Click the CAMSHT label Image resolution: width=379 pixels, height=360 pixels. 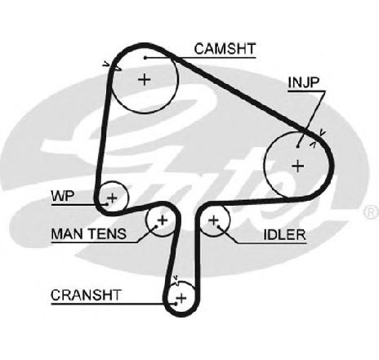[225, 49]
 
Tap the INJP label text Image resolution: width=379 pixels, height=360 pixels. [303, 82]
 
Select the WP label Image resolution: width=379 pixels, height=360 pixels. [63, 196]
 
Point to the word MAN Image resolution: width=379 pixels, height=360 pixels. [67, 233]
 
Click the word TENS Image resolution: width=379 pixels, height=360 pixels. [107, 233]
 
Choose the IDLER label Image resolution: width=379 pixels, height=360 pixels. [284, 234]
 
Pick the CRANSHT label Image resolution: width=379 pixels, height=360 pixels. [86, 295]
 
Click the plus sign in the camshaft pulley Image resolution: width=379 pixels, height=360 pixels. [145, 80]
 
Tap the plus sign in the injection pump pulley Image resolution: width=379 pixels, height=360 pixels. [298, 166]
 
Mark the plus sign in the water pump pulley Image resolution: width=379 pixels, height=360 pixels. [112, 198]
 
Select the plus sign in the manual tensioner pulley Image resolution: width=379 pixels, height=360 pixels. [163, 220]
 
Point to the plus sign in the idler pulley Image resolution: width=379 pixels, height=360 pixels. [213, 220]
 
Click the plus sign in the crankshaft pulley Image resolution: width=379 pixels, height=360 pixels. [181, 298]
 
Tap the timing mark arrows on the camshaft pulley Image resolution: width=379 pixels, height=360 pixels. [112, 67]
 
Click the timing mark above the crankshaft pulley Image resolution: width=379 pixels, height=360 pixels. [176, 280]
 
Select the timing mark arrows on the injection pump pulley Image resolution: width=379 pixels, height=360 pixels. [318, 139]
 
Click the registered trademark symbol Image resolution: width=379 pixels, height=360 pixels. [371, 212]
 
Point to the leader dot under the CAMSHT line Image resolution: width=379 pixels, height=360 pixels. [145, 58]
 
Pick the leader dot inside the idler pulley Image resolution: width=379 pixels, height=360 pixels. [218, 226]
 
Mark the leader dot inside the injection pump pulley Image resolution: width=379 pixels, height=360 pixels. [298, 146]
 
